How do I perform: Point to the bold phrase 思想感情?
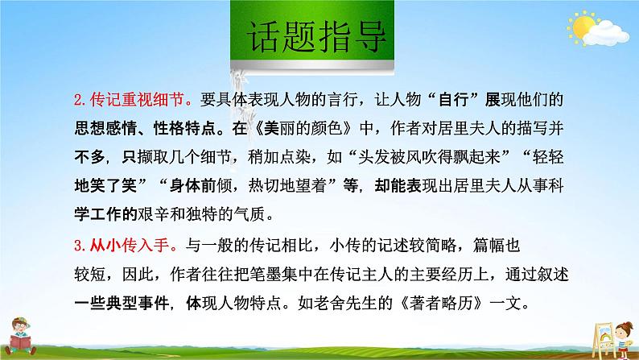(116, 126)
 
